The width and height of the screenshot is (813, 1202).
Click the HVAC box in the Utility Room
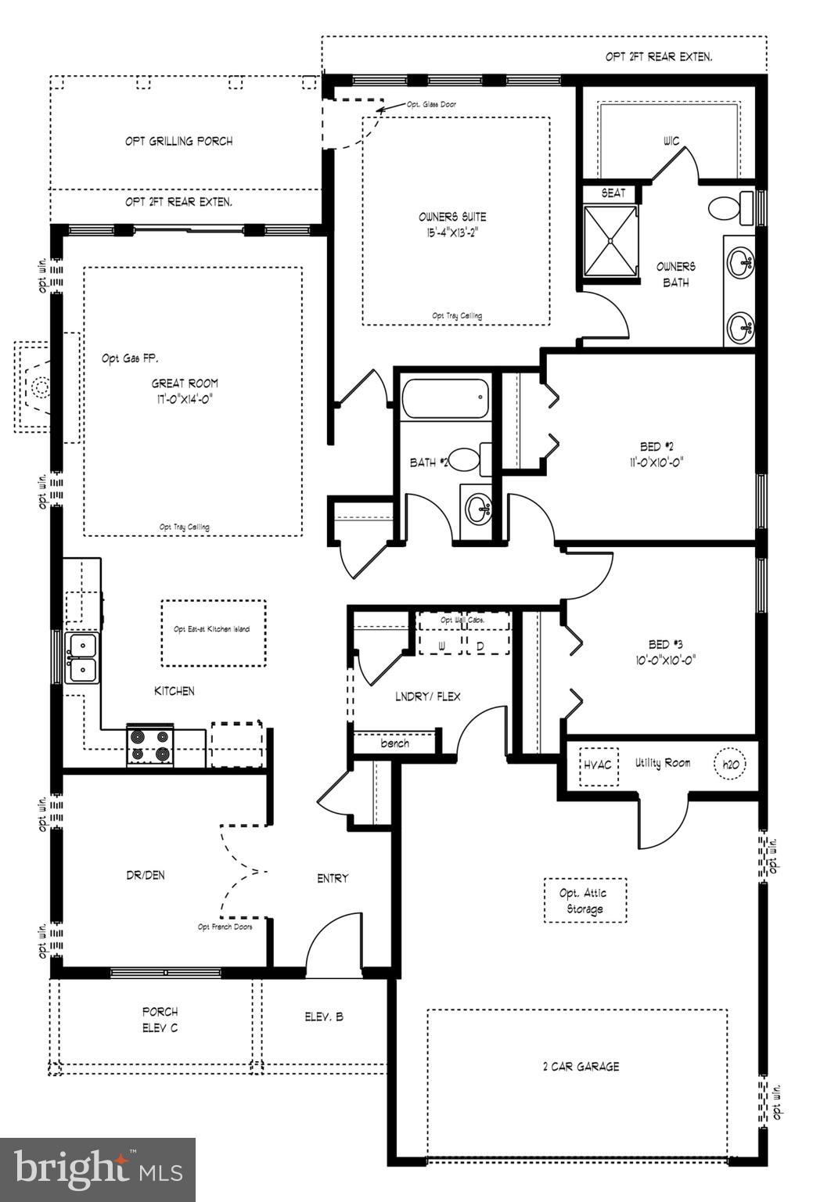[x=597, y=764]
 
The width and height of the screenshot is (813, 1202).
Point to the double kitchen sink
[x=81, y=658]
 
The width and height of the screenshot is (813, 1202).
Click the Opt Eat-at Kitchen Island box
[x=213, y=632]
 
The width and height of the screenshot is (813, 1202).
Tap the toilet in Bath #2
[x=468, y=459]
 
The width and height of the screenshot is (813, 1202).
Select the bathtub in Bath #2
[x=444, y=400]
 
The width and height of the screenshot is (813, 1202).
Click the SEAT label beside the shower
[x=613, y=193]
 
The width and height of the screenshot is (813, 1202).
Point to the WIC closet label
[x=671, y=141]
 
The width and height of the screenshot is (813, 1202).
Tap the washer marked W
[x=441, y=646]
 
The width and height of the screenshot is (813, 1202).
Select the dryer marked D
[x=480, y=646]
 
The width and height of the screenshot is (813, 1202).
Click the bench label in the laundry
[x=394, y=743]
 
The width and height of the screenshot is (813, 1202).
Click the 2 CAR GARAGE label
[x=581, y=1066]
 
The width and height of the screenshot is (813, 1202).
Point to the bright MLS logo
[x=98, y=1170]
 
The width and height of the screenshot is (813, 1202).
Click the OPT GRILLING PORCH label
[x=178, y=141]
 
